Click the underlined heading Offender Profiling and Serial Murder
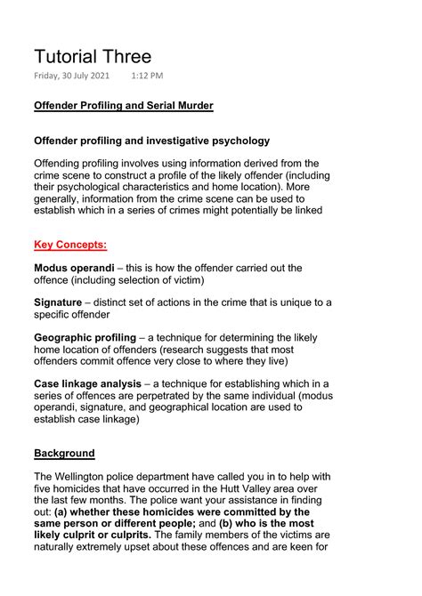pyautogui.click(x=123, y=106)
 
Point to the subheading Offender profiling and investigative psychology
pyautogui.click(x=151, y=141)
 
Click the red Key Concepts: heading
pyautogui.click(x=70, y=245)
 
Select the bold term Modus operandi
pyautogui.click(x=74, y=268)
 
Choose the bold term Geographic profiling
pyautogui.click(x=85, y=338)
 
